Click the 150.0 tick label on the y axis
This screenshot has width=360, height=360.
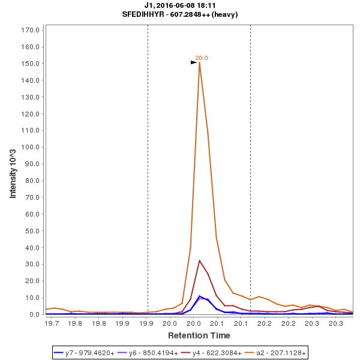[x=31, y=64]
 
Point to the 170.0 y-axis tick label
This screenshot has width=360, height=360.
[x=31, y=30]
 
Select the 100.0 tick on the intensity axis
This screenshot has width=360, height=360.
[x=31, y=147]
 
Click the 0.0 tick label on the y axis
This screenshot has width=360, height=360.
[x=34, y=314]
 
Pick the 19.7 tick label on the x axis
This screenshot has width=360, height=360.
[x=52, y=323]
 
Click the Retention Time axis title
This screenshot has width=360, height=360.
[x=199, y=335]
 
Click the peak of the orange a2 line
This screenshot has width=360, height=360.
[x=199, y=62]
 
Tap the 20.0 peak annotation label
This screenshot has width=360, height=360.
[x=202, y=58]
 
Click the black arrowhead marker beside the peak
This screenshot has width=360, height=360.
[x=194, y=62]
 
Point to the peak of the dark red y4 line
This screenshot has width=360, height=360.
[x=199, y=260]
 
